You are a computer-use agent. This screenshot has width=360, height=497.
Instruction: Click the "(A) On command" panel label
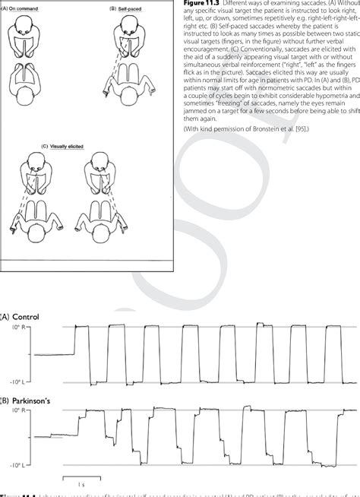coord(23,9)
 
